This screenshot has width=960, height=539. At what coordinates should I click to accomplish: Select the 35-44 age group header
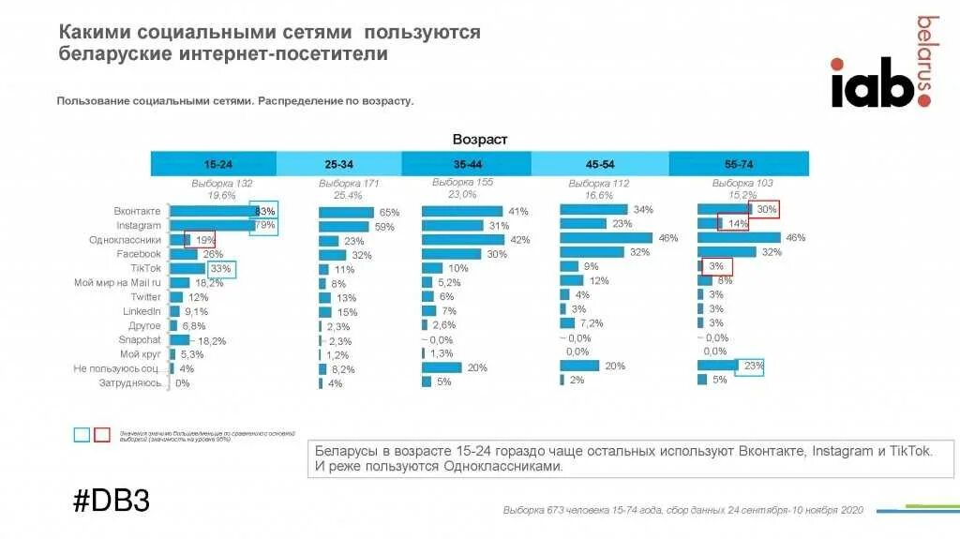pyautogui.click(x=466, y=164)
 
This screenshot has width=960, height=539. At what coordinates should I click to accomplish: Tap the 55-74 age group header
pyautogui.click(x=739, y=164)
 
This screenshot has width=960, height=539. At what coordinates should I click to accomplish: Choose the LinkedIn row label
pyautogui.click(x=142, y=311)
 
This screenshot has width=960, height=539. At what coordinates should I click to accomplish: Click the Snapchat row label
pyautogui.click(x=140, y=339)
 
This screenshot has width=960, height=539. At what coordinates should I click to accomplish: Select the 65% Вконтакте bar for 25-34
pyautogui.click(x=346, y=213)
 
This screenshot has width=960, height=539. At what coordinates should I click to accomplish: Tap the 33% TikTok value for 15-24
pyautogui.click(x=221, y=269)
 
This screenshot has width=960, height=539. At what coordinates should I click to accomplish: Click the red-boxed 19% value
pyautogui.click(x=202, y=240)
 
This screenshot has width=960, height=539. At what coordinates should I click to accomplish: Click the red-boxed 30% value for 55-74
pyautogui.click(x=766, y=210)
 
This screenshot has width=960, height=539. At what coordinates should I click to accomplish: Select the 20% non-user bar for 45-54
pyautogui.click(x=579, y=366)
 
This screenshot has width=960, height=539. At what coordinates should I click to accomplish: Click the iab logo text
pyautogui.click(x=872, y=85)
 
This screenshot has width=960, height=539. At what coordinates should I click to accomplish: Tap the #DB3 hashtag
pyautogui.click(x=112, y=500)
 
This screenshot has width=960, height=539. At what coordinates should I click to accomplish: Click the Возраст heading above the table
pyautogui.click(x=479, y=140)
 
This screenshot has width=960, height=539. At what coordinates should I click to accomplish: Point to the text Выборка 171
pyautogui.click(x=348, y=184)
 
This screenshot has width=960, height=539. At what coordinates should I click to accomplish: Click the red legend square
pyautogui.click(x=103, y=434)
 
